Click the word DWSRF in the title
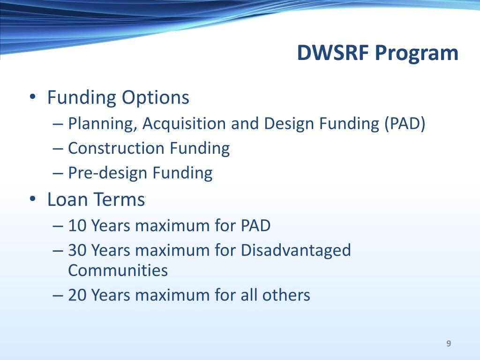[x=333, y=52]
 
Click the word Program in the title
[x=417, y=54]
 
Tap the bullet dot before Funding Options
[x=32, y=97]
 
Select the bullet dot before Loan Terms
[x=32, y=199]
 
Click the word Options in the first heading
[x=156, y=98]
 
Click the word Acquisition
[x=184, y=124]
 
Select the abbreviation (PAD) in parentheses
[x=405, y=124]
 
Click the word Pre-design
[x=108, y=173]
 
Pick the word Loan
[x=67, y=199]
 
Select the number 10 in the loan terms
[x=77, y=225]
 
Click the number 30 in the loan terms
[x=77, y=250]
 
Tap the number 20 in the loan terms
[x=77, y=295]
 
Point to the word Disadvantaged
[x=296, y=251]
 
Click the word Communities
[x=118, y=270]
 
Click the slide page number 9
[x=449, y=344]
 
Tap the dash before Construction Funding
[x=58, y=149]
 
